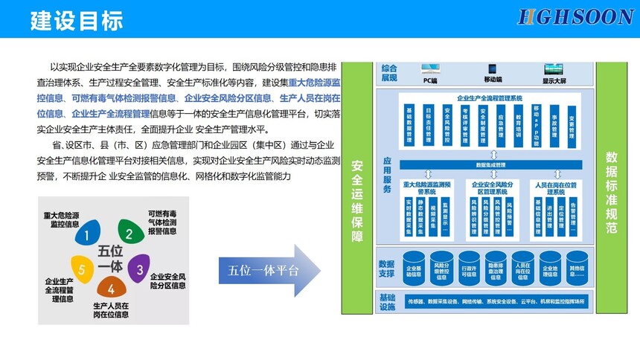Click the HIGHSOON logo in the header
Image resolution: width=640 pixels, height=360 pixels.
pyautogui.click(x=575, y=17)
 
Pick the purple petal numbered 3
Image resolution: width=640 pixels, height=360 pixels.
pyautogui.click(x=138, y=266)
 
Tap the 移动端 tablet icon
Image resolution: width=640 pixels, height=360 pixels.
pyautogui.click(x=492, y=68)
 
